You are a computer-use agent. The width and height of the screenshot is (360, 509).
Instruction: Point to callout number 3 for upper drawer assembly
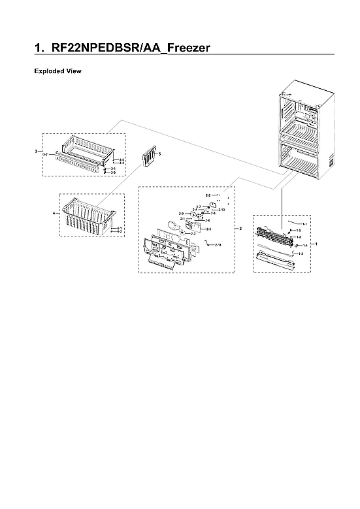click(36, 151)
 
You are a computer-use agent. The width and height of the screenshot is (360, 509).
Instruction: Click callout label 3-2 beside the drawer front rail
click(44, 154)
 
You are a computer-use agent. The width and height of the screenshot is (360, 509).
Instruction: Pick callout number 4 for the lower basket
click(54, 213)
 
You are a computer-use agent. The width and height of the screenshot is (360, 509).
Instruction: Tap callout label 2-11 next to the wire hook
click(218, 244)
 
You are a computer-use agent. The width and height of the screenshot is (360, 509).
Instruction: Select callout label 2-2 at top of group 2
click(208, 195)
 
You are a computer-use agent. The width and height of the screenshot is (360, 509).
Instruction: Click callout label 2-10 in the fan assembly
click(221, 210)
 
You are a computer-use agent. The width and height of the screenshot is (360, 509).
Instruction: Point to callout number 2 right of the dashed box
click(241, 229)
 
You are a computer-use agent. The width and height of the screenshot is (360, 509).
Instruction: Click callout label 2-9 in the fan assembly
click(181, 214)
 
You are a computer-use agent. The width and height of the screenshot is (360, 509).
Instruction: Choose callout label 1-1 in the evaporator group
click(304, 224)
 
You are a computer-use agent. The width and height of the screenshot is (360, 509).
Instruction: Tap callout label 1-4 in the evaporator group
click(304, 245)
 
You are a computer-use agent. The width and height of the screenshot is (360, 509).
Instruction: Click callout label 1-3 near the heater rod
click(301, 253)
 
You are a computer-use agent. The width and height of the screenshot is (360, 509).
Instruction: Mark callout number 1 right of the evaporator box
click(317, 243)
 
